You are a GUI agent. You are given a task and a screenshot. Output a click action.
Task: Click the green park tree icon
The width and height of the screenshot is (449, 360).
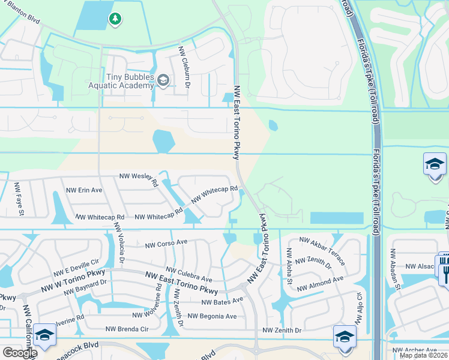click(x=115, y=20)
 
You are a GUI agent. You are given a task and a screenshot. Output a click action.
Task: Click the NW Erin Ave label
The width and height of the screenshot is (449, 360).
click(x=84, y=190)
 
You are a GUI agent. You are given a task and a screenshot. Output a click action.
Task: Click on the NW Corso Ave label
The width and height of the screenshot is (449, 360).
click(x=167, y=243)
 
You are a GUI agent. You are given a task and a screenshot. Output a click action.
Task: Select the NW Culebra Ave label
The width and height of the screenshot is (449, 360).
click(x=188, y=275)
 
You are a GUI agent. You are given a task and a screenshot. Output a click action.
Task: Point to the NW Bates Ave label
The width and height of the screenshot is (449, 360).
click(x=222, y=301)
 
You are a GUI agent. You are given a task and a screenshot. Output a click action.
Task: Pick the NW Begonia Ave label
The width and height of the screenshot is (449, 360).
click(x=212, y=316)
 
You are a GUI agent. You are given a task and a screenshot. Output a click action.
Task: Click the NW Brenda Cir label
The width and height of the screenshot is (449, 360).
click(x=127, y=329)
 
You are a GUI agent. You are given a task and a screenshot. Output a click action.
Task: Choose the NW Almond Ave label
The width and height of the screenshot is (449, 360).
click(x=322, y=280)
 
